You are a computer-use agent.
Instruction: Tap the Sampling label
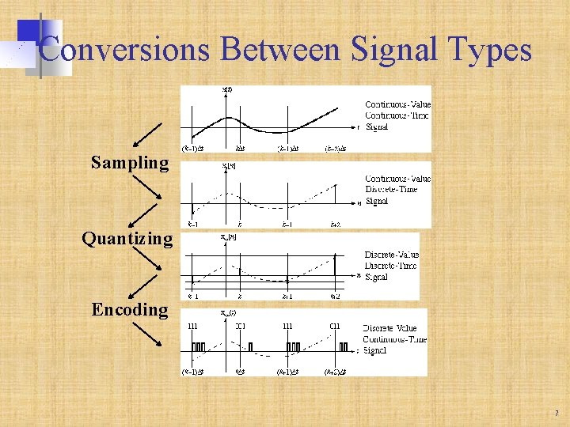coord(130,163)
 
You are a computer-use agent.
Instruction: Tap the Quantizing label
coord(127,238)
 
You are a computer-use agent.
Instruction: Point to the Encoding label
coord(130,309)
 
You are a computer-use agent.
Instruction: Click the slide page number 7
coord(557,413)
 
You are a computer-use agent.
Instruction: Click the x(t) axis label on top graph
coord(227,90)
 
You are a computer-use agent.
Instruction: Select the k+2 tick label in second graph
coord(335,224)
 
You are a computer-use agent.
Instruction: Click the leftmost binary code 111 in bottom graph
coord(193,326)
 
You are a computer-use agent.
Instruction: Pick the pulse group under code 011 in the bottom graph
coord(344,346)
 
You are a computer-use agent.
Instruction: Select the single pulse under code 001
coord(250,346)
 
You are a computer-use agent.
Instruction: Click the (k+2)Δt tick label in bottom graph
coord(338,370)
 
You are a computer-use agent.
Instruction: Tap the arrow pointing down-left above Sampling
coord(147,135)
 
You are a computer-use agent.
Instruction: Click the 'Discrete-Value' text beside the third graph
coord(391,255)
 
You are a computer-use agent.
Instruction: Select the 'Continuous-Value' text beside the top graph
coord(397,104)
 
